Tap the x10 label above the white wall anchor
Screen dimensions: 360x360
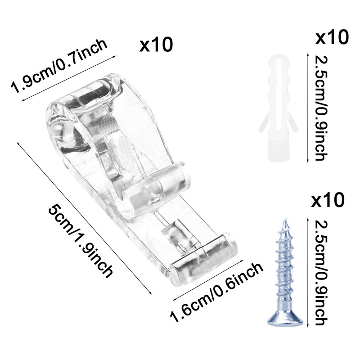332,37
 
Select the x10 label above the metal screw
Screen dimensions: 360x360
328,200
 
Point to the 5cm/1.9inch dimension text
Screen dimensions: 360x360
81,242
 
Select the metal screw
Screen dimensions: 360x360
285,272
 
